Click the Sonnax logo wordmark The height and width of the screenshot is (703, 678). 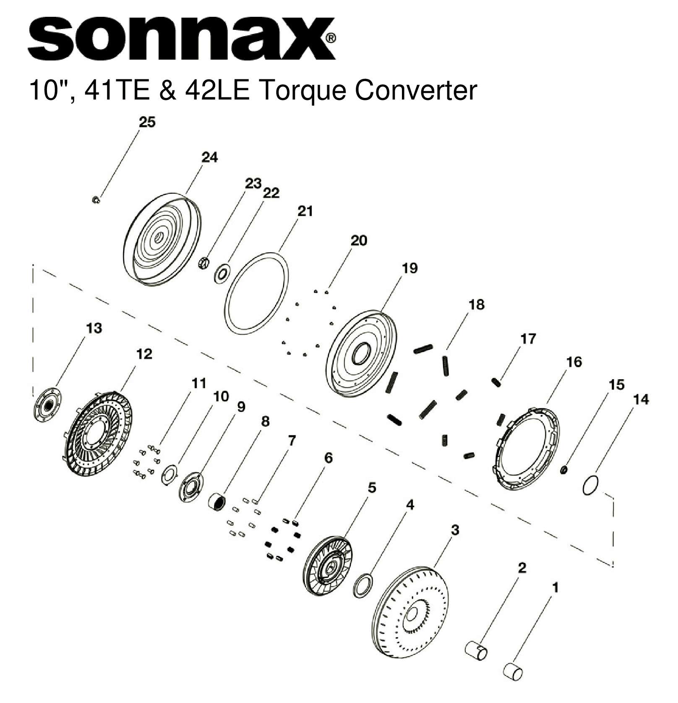[181, 39]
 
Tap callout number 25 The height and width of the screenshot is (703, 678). [147, 122]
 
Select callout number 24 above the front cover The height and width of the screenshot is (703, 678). [209, 157]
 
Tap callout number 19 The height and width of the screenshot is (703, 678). [409, 268]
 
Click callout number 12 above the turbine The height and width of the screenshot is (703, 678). [144, 354]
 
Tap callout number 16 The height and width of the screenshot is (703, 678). [574, 362]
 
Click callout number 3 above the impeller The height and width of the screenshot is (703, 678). [455, 530]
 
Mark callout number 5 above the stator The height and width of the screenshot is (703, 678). [371, 488]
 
